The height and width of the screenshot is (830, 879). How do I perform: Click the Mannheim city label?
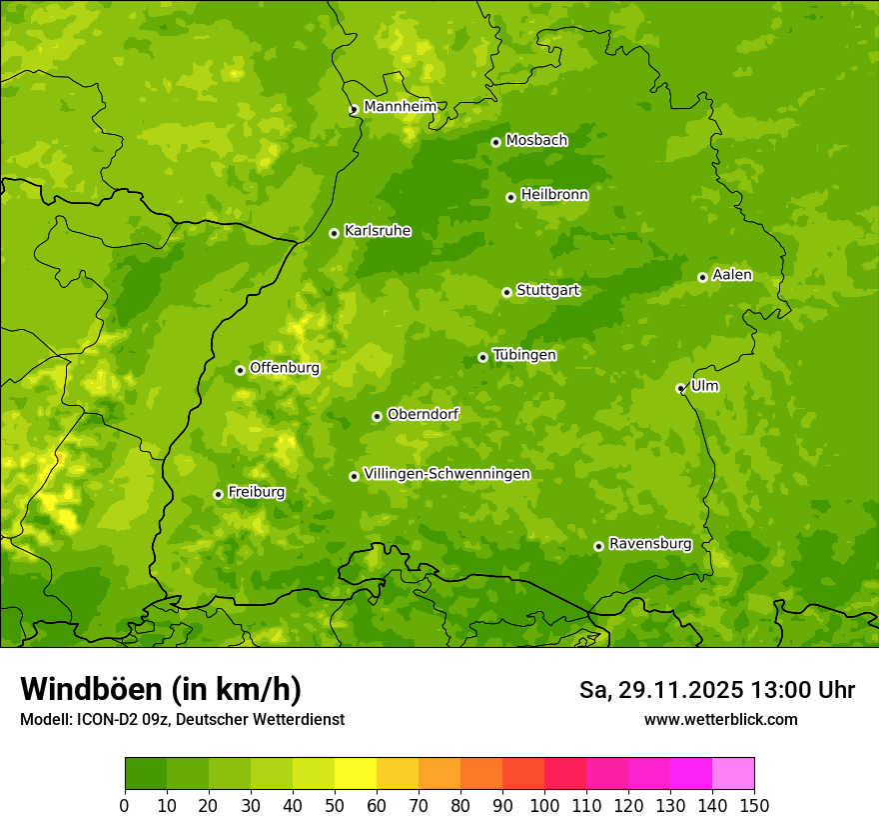400,107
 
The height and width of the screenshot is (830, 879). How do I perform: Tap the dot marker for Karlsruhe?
334,233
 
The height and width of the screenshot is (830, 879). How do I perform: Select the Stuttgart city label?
547,291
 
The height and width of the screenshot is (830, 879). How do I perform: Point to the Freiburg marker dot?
218,494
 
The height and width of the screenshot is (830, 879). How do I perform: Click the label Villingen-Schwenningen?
446,474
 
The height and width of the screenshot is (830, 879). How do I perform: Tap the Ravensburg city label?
649,544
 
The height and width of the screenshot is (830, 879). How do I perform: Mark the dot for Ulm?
680,388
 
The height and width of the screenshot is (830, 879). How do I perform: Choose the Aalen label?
732,275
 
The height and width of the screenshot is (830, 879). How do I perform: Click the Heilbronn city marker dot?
510,197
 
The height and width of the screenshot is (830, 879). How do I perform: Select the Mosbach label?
535,141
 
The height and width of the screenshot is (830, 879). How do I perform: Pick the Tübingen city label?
524,355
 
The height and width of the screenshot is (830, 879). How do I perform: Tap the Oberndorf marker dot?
377,416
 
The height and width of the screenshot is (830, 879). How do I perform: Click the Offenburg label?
285,368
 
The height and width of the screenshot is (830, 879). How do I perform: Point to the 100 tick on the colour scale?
544,805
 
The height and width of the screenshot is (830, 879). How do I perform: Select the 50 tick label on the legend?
335,805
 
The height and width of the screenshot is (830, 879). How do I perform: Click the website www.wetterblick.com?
720,719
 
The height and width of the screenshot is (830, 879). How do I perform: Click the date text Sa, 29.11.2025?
660,690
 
